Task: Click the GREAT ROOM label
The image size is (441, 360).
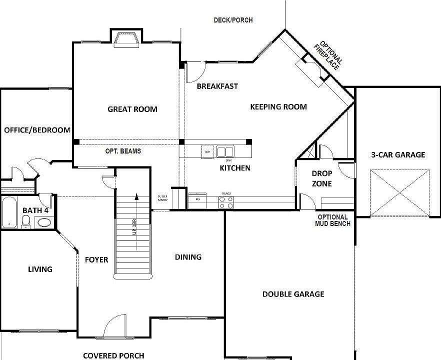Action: pyautogui.click(x=132, y=109)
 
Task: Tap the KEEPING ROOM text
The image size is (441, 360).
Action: pyautogui.click(x=278, y=107)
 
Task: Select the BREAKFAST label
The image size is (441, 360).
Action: pyautogui.click(x=217, y=86)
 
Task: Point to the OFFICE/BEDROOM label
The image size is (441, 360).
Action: pyautogui.click(x=37, y=130)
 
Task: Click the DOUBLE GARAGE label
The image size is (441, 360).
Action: pyautogui.click(x=293, y=294)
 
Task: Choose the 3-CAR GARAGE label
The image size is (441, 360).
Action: pyautogui.click(x=398, y=154)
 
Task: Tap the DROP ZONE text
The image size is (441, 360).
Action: pyautogui.click(x=321, y=178)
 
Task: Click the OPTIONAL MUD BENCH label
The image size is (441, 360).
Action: pyautogui.click(x=332, y=220)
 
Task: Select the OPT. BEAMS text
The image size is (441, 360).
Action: pyautogui.click(x=122, y=151)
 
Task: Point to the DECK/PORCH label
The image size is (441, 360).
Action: pyautogui.click(x=233, y=20)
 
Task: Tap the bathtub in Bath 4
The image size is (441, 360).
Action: pyautogui.click(x=9, y=212)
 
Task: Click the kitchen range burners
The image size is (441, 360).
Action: pyautogui.click(x=226, y=201)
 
